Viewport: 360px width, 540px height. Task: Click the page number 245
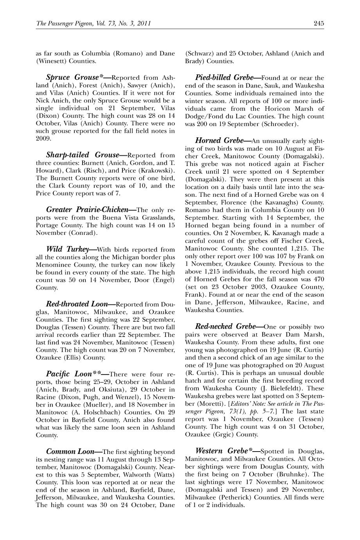(319, 24)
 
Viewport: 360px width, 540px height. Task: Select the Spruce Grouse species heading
(74, 77)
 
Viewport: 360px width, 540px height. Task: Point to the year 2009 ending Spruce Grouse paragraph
(43, 138)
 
